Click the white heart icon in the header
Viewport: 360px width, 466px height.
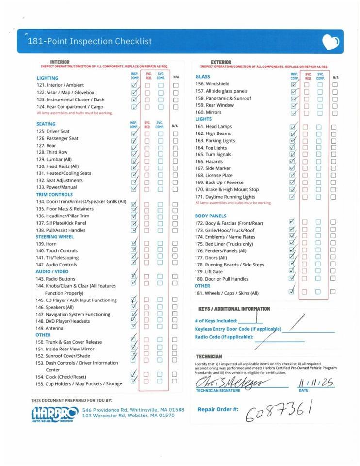330,42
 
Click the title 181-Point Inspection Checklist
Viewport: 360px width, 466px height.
90,41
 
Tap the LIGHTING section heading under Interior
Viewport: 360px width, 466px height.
48,78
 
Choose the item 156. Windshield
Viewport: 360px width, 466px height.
212,84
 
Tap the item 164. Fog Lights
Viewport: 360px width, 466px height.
211,148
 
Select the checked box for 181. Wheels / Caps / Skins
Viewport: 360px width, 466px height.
292,292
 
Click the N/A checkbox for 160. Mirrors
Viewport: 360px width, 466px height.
335,113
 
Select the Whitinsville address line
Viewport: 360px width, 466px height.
133,410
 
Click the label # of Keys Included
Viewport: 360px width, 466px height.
216,321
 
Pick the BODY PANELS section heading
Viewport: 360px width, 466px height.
211,216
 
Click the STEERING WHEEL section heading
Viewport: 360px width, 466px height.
55,237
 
